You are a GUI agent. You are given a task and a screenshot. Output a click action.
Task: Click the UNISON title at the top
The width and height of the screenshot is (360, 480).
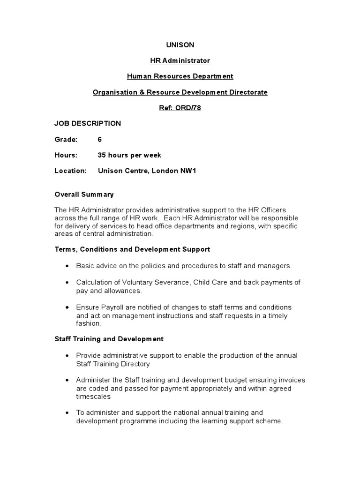(180, 45)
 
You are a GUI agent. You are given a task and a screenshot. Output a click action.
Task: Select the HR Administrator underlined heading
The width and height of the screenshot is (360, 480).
(180, 60)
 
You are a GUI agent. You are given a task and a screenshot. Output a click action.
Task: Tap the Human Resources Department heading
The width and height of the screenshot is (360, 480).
(180, 76)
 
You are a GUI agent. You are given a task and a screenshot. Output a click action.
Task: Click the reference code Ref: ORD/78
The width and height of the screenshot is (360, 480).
(180, 108)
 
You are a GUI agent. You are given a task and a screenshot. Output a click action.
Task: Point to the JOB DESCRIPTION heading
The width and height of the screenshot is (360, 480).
(88, 123)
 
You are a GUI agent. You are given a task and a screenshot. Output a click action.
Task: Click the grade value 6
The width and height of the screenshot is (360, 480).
(100, 139)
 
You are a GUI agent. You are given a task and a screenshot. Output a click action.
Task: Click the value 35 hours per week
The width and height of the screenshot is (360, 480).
(129, 155)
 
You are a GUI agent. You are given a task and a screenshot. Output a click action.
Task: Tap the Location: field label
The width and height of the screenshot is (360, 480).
(71, 171)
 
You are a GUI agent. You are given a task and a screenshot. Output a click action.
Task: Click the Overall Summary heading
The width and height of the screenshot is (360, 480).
(84, 195)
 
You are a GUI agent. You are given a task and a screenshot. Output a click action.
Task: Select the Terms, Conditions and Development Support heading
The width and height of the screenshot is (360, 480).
(132, 249)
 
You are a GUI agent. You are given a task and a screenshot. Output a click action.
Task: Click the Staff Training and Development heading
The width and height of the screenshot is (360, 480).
(109, 338)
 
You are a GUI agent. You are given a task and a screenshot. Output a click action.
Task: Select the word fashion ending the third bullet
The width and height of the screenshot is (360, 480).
(88, 323)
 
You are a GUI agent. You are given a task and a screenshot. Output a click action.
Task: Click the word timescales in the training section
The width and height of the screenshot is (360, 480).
(93, 396)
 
